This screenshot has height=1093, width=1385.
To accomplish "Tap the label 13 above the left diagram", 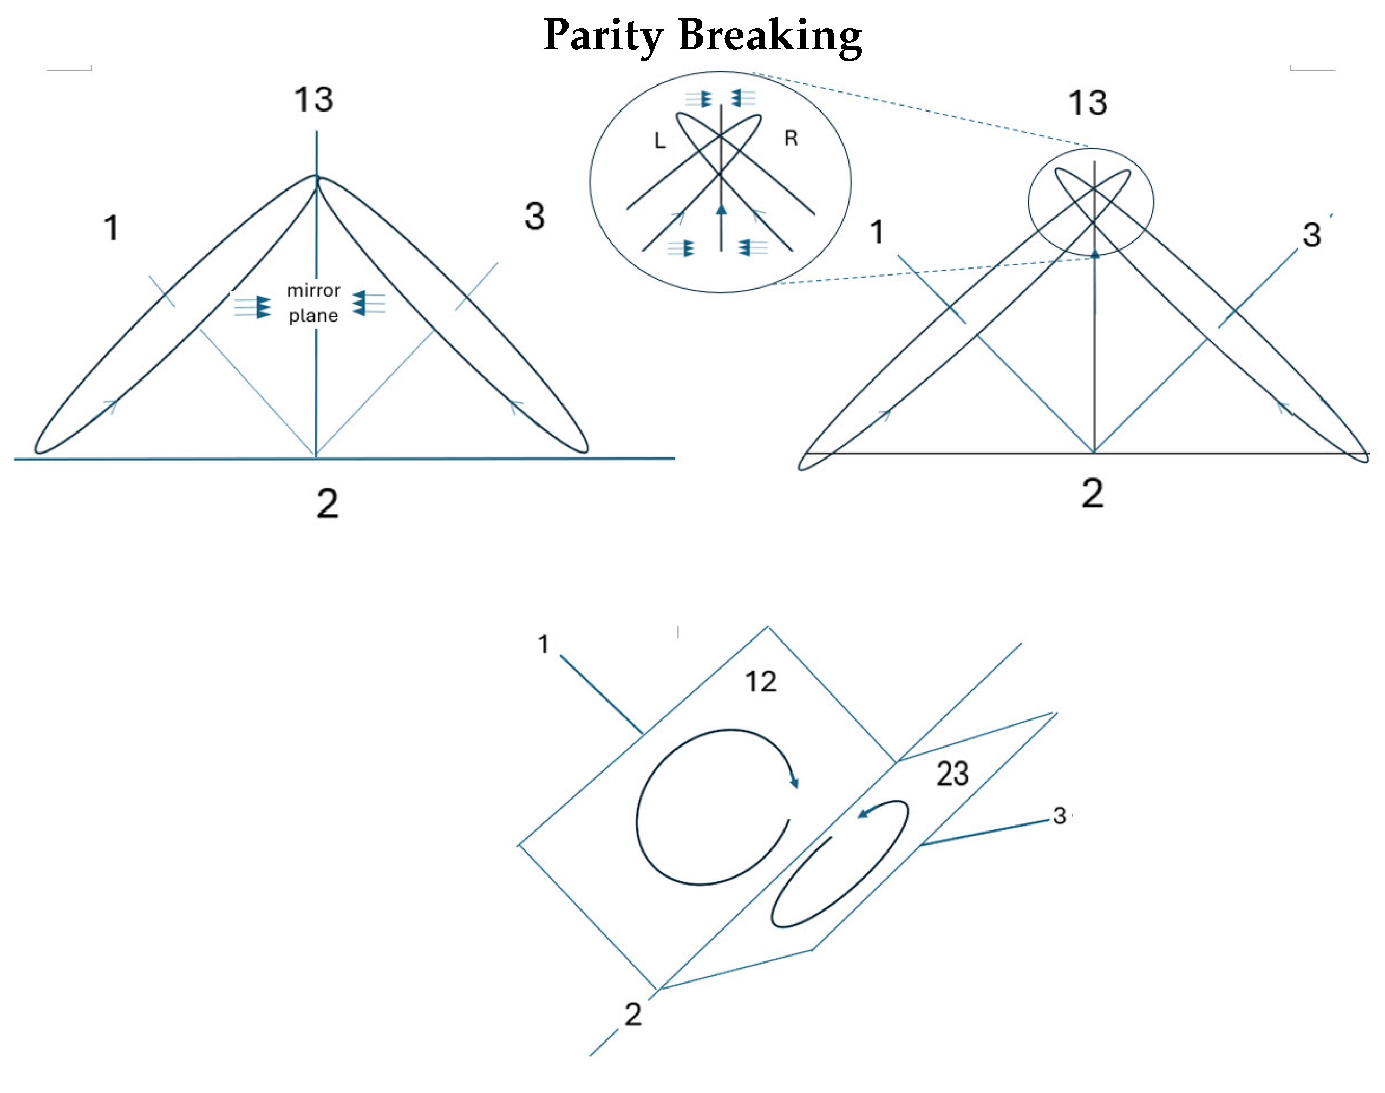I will click(313, 100).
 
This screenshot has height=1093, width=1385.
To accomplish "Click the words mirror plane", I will click(313, 303).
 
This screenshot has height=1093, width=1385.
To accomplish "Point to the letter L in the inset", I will click(660, 141).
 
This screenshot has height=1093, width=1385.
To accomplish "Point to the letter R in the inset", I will click(791, 138).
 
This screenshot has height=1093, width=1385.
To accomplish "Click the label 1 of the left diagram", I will click(112, 228).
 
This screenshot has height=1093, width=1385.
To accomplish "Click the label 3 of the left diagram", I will click(534, 217).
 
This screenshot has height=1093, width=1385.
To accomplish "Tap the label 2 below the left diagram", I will click(327, 503).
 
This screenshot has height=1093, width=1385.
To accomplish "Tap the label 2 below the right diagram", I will click(1093, 493).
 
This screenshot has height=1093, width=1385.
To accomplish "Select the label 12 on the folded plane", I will click(760, 682).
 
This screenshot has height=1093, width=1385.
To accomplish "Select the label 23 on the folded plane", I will click(952, 774).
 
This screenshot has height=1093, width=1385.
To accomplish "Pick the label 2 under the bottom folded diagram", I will click(633, 1015).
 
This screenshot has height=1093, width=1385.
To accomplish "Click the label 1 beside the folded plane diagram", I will click(544, 644).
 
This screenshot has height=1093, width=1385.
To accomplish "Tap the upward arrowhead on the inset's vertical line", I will click(721, 210).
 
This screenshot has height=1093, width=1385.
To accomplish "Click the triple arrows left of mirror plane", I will click(252, 306).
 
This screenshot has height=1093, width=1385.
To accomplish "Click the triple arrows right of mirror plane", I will click(369, 303).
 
